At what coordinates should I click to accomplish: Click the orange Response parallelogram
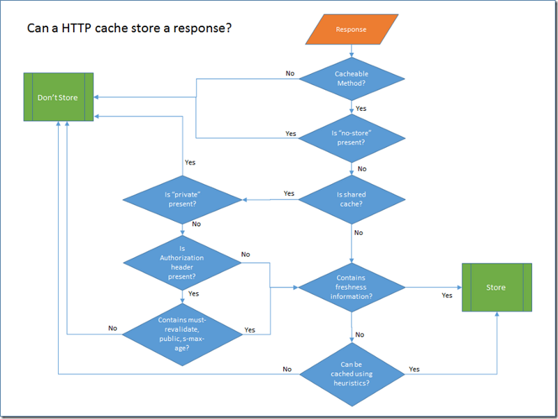click(x=351, y=29)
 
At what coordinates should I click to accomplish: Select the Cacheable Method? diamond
click(x=352, y=79)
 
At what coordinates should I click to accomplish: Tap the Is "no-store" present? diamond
click(x=352, y=137)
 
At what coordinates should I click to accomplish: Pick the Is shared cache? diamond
click(x=352, y=199)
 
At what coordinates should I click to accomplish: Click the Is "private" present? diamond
click(x=182, y=200)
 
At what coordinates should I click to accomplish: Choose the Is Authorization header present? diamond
click(x=182, y=262)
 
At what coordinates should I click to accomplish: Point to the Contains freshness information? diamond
click(x=352, y=287)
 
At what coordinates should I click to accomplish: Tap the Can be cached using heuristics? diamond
click(x=352, y=374)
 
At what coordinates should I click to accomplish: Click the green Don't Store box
click(x=58, y=97)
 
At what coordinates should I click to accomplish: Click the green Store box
click(x=496, y=287)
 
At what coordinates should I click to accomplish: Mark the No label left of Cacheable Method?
click(x=290, y=73)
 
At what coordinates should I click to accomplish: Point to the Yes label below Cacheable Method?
click(x=361, y=109)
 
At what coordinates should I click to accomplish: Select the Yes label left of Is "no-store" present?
click(x=291, y=133)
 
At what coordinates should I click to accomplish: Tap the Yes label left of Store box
click(x=446, y=296)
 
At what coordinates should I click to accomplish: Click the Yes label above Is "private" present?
click(x=190, y=162)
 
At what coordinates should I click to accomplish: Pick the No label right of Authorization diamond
click(x=246, y=254)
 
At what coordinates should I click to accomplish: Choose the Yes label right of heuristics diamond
click(x=414, y=369)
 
